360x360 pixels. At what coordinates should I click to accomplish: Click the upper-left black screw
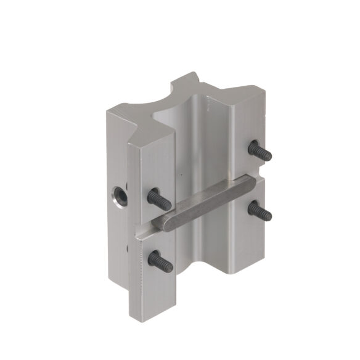pyautogui.click(x=159, y=198)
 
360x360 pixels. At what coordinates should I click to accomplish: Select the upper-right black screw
pyautogui.click(x=260, y=151)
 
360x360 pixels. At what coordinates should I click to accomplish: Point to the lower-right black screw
pyautogui.click(x=260, y=211)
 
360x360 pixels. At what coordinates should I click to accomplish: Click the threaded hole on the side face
pyautogui.click(x=119, y=197)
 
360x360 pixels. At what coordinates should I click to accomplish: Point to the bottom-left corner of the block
pyautogui.click(x=132, y=314)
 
